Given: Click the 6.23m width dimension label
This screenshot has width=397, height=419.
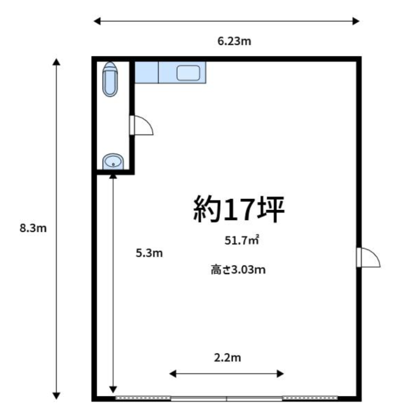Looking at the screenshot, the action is pyautogui.click(x=234, y=41).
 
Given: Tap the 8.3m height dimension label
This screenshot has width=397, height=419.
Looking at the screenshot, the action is pyautogui.click(x=33, y=228).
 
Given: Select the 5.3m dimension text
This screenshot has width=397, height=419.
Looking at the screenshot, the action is pyautogui.click(x=149, y=253).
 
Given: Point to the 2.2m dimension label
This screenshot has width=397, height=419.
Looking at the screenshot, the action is pyautogui.click(x=228, y=358).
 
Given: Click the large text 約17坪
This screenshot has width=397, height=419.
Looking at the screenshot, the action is pyautogui.click(x=239, y=209).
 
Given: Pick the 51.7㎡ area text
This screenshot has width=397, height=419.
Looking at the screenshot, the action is pyautogui.click(x=242, y=240).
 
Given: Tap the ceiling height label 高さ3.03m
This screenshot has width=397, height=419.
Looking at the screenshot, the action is pyautogui.click(x=238, y=270).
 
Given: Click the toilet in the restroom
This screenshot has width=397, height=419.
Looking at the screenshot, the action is pyautogui.click(x=110, y=80).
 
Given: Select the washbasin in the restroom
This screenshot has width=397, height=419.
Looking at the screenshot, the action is pyautogui.click(x=113, y=161).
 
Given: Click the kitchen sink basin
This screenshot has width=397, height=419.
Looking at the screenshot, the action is pyautogui.click(x=188, y=73).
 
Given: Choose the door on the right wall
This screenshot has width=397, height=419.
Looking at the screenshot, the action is pyautogui.click(x=368, y=257).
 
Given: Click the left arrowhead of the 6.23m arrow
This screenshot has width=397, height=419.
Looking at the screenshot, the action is pyautogui.click(x=97, y=21).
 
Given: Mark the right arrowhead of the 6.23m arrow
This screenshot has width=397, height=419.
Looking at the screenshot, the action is pyautogui.click(x=356, y=21).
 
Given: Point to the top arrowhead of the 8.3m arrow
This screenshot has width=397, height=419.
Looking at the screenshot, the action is pyautogui.click(x=56, y=62).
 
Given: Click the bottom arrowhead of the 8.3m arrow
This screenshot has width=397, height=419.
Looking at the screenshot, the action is pyautogui.click(x=56, y=395).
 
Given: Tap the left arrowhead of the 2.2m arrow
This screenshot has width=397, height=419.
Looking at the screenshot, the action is pyautogui.click(x=173, y=373).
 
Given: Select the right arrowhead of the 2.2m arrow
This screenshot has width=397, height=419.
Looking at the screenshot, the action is pyautogui.click(x=280, y=373).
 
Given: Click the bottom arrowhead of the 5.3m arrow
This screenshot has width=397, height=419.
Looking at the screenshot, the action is pyautogui.click(x=113, y=389).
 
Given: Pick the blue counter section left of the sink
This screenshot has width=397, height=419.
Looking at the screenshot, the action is pyautogui.click(x=146, y=72).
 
